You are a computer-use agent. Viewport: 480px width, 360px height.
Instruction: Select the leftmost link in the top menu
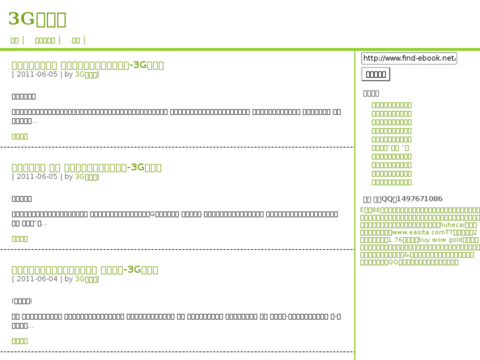pyautogui.click(x=15, y=40)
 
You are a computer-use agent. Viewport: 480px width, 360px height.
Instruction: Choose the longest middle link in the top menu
pyautogui.click(x=45, y=40)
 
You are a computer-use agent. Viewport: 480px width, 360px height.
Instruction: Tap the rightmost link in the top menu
pyautogui.click(x=75, y=40)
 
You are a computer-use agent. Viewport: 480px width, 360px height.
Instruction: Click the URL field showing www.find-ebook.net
pyautogui.click(x=409, y=58)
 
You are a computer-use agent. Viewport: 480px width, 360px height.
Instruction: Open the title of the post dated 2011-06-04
pyautogui.click(x=85, y=270)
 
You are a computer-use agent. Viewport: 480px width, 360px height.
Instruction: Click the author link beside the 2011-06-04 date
pyautogui.click(x=86, y=279)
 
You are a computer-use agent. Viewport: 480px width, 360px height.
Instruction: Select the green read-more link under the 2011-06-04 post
pyautogui.click(x=20, y=341)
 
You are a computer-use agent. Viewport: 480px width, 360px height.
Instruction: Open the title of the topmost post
pyautogui.click(x=87, y=65)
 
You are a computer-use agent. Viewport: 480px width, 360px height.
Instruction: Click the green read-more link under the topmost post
pyautogui.click(x=20, y=136)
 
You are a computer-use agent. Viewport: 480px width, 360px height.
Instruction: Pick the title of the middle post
pyautogui.click(x=86, y=167)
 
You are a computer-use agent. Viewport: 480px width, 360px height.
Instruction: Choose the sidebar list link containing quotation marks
pyautogui.click(x=390, y=147)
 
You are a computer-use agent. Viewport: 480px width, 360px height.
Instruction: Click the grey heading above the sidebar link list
pyautogui.click(x=371, y=93)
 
